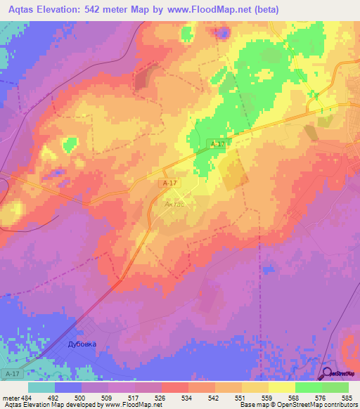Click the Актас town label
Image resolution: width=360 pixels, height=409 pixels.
pyautogui.click(x=174, y=204)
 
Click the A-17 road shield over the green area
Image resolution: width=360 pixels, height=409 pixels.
pyautogui.click(x=218, y=144)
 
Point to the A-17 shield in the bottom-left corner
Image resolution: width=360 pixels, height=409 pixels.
pyautogui.click(x=10, y=373)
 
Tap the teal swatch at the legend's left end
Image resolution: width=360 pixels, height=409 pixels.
pyautogui.click(x=41, y=387)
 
